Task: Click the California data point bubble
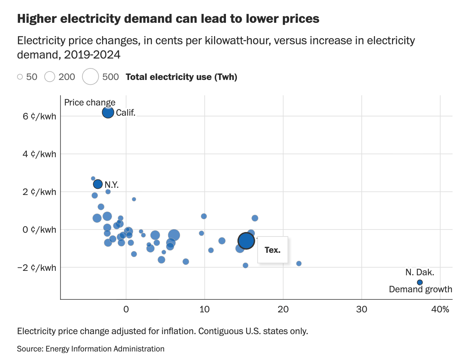pyautogui.click(x=108, y=112)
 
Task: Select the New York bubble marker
pyautogui.click(x=98, y=184)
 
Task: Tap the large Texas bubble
pyautogui.click(x=246, y=241)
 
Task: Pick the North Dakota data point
pyautogui.click(x=420, y=282)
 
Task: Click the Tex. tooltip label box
pyautogui.click(x=273, y=250)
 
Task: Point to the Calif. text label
pyautogui.click(x=126, y=113)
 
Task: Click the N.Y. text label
pyautogui.click(x=112, y=185)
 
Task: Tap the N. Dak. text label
pyautogui.click(x=420, y=272)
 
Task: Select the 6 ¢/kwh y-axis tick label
pyautogui.click(x=39, y=116)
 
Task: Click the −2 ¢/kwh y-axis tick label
pyautogui.click(x=37, y=267)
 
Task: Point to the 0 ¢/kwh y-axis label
pyautogui.click(x=39, y=230)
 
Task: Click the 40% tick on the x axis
pyautogui.click(x=440, y=309)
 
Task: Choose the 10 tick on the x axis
pyautogui.click(x=205, y=309)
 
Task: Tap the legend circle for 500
pyautogui.click(x=91, y=77)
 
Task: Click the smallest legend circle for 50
pyautogui.click(x=20, y=77)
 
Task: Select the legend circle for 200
pyautogui.click(x=50, y=77)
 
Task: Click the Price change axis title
pyautogui.click(x=90, y=102)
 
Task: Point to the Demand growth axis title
pyautogui.click(x=420, y=289)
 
